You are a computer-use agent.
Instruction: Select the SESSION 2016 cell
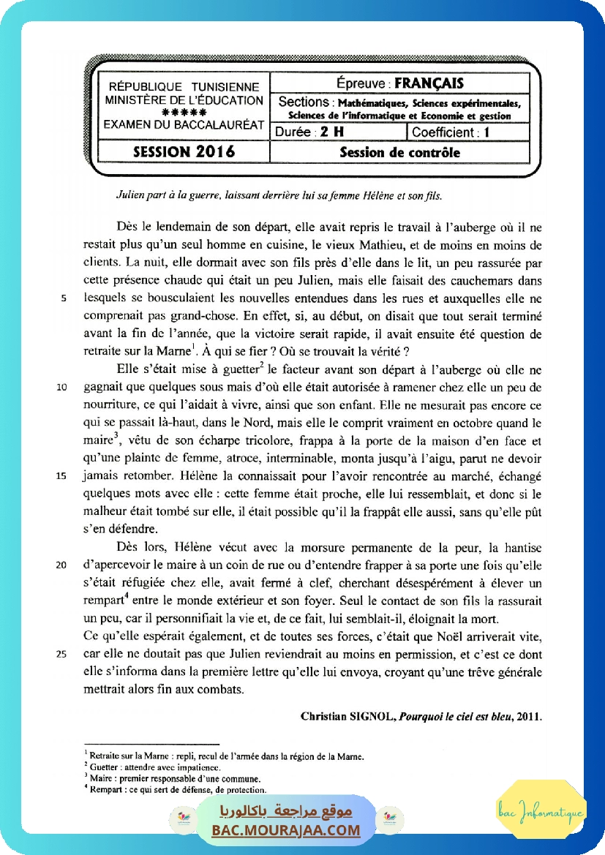(184, 152)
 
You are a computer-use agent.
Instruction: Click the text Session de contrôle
(400, 152)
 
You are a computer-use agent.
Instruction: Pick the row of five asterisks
(184, 113)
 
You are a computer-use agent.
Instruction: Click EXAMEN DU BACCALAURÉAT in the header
(184, 125)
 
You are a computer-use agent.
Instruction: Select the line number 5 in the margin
(64, 298)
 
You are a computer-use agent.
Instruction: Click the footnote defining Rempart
(176, 789)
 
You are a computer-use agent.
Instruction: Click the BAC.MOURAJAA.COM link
(286, 830)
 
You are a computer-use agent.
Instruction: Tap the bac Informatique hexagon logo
(541, 810)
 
